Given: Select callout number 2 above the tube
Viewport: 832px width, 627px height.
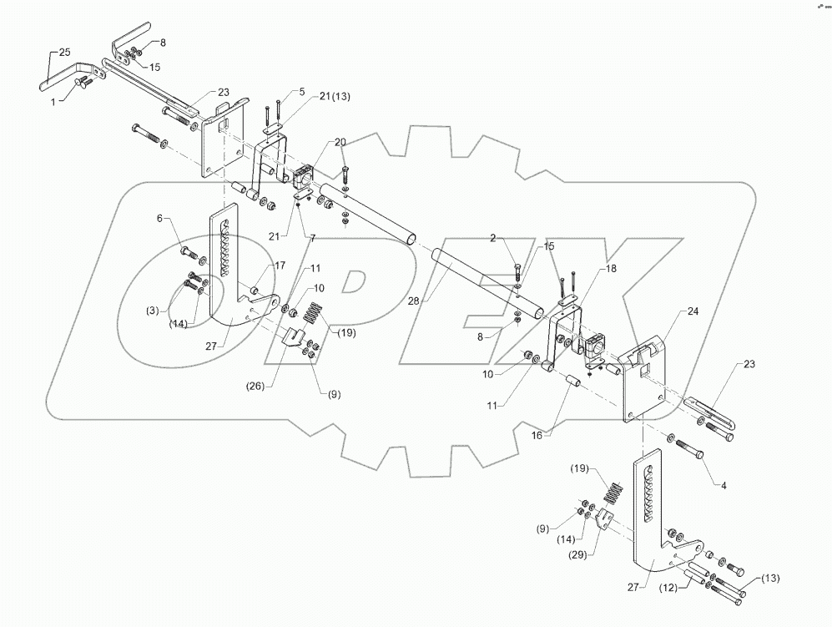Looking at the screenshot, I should (493, 238).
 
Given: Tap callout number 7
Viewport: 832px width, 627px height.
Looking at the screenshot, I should (312, 238).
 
